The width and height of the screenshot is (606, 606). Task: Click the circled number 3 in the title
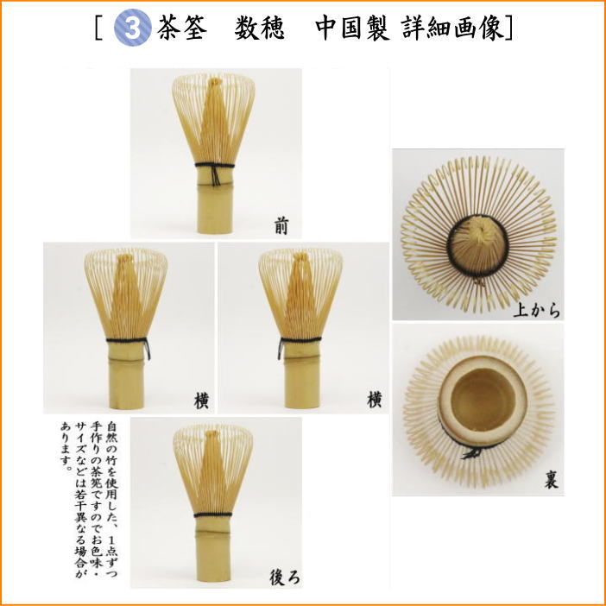pos(138,28)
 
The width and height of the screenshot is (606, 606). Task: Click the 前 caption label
pos(282,226)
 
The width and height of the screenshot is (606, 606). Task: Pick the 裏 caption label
pos(549,480)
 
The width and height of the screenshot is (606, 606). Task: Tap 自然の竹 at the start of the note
pos(114,439)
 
